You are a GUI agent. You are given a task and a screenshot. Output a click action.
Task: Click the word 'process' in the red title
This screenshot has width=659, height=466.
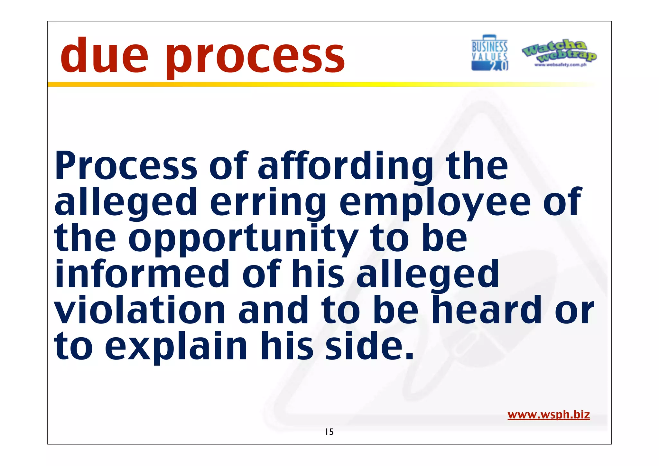point(255,58)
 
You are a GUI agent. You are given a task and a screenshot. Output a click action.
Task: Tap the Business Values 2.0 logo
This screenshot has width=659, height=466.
point(489,53)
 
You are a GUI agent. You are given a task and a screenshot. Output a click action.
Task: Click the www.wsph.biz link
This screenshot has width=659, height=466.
point(548,415)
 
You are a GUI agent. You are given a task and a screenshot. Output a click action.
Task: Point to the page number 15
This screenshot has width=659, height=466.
point(329,432)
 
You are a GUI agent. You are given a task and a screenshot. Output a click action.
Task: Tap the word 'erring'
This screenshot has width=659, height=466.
point(268,203)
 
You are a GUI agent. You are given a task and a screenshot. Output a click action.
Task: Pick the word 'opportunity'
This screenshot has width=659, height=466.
point(244,240)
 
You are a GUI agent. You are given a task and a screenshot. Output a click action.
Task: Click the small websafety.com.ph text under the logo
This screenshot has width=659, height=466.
point(560,65)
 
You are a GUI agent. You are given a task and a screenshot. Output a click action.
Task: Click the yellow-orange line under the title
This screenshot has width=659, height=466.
point(290,84)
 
